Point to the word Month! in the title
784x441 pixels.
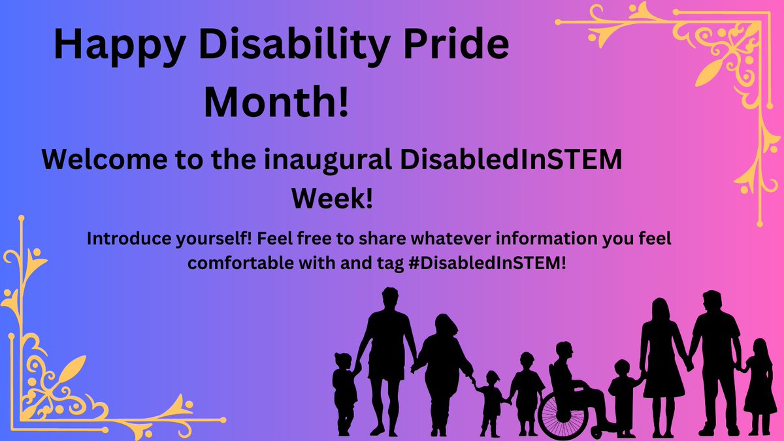point(276,103)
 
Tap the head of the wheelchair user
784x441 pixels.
point(563,352)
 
